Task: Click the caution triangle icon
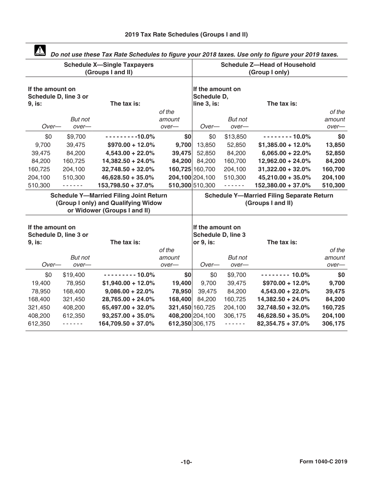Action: tap(40, 51)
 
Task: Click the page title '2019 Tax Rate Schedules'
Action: tap(186, 35)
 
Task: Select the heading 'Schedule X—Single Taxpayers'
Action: tap(109, 65)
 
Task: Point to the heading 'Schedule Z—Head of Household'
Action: tap(268, 65)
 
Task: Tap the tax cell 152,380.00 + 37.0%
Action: tap(283, 185)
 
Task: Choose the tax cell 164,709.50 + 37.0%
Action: tap(126, 324)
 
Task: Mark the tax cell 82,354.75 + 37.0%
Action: tap(283, 324)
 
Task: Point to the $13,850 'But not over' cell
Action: tap(235, 137)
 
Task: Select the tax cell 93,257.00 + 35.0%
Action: tap(128, 316)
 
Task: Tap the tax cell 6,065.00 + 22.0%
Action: tap(286, 153)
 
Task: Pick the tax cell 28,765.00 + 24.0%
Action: tap(128, 299)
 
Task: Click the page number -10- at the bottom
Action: tap(186, 462)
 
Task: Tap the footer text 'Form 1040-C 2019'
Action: tap(323, 462)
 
